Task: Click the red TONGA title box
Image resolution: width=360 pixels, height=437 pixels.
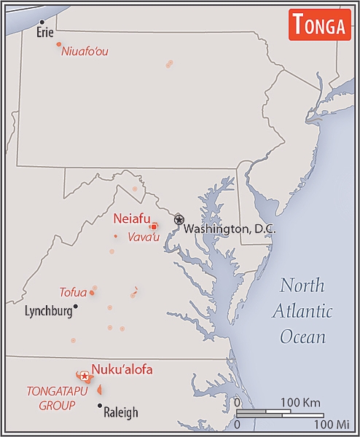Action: click(318, 25)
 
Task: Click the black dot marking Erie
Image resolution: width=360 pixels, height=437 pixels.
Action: click(42, 22)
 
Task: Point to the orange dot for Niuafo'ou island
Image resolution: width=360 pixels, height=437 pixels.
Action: click(59, 44)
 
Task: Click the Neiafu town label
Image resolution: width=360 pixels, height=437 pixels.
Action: click(131, 218)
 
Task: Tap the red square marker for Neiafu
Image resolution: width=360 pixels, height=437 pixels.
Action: click(154, 227)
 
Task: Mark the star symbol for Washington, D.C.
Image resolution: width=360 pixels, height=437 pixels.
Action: click(179, 219)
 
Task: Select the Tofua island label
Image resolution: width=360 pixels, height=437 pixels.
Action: click(73, 293)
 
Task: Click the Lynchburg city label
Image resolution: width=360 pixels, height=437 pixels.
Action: click(48, 310)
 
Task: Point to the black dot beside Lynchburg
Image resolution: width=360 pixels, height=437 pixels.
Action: click(75, 307)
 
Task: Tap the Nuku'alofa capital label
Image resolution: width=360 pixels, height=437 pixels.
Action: click(122, 370)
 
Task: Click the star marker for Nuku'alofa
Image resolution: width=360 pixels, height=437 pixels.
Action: click(85, 376)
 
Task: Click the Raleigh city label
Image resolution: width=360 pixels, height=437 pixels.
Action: click(120, 412)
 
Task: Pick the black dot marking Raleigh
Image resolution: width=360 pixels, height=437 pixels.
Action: click(100, 405)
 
